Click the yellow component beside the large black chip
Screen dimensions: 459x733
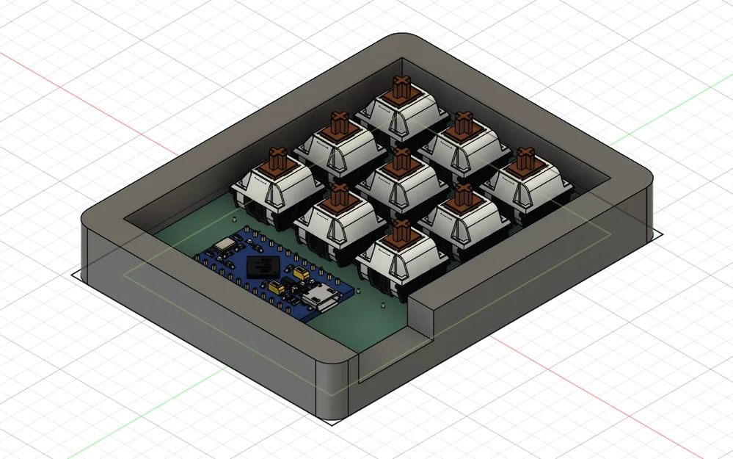coord(299,273)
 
